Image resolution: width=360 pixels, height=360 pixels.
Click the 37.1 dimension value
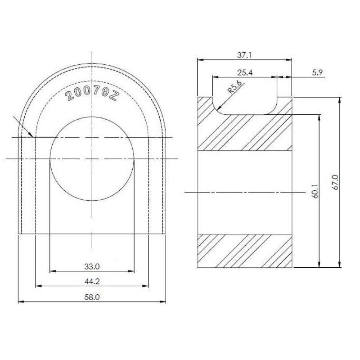[244, 55]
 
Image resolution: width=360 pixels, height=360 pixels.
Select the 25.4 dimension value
[245, 73]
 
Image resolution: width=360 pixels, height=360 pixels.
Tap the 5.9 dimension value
[317, 72]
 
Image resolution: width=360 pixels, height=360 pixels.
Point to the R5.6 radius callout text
[234, 87]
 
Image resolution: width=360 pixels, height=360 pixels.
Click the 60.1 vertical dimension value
[315, 190]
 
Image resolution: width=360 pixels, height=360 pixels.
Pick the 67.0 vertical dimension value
[335, 182]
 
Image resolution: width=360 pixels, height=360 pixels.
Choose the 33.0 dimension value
[92, 266]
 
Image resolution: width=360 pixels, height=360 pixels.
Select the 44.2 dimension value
[92, 281]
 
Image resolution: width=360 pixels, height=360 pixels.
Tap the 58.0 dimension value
[92, 297]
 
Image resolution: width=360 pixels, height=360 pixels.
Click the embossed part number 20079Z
[92, 94]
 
